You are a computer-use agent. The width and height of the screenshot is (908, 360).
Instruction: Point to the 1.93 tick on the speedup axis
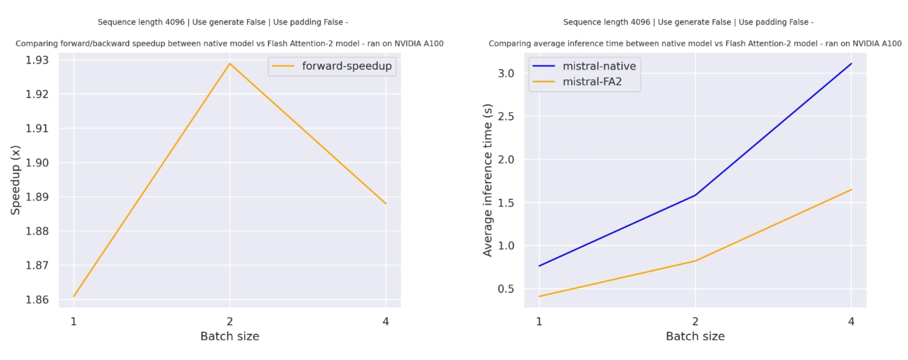pos(39,60)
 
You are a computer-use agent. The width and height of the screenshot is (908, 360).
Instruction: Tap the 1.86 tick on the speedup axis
pos(39,300)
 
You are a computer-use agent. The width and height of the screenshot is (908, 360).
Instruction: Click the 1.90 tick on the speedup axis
pos(39,163)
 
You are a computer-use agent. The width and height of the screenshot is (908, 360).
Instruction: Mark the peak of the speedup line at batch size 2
pos(230,63)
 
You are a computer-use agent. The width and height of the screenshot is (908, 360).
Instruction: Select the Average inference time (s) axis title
pos(488,180)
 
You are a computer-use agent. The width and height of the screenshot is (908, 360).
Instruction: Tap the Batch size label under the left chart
pos(230,336)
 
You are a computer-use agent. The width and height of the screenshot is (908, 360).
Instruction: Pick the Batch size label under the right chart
pos(695,336)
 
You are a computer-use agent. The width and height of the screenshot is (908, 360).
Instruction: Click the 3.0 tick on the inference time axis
pos(507,73)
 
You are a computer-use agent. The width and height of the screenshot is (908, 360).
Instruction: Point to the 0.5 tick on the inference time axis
pos(507,289)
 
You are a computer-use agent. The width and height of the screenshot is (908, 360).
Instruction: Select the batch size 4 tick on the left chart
pos(386,321)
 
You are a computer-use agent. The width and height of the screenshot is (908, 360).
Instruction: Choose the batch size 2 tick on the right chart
pos(695,321)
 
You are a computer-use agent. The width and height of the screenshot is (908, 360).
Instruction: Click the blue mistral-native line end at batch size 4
pos(851,64)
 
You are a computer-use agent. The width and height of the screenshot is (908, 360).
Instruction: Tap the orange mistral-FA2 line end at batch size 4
pos(851,190)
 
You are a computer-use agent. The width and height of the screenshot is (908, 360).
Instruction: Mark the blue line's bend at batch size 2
pos(695,195)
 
